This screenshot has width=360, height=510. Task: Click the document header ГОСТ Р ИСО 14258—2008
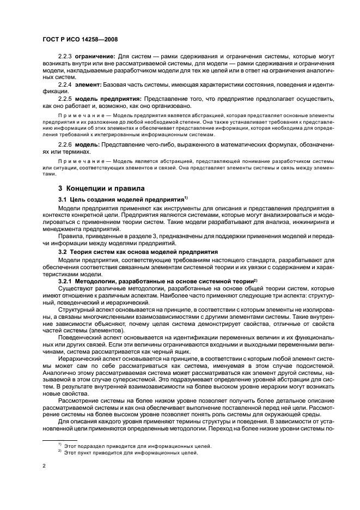click(x=81, y=40)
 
